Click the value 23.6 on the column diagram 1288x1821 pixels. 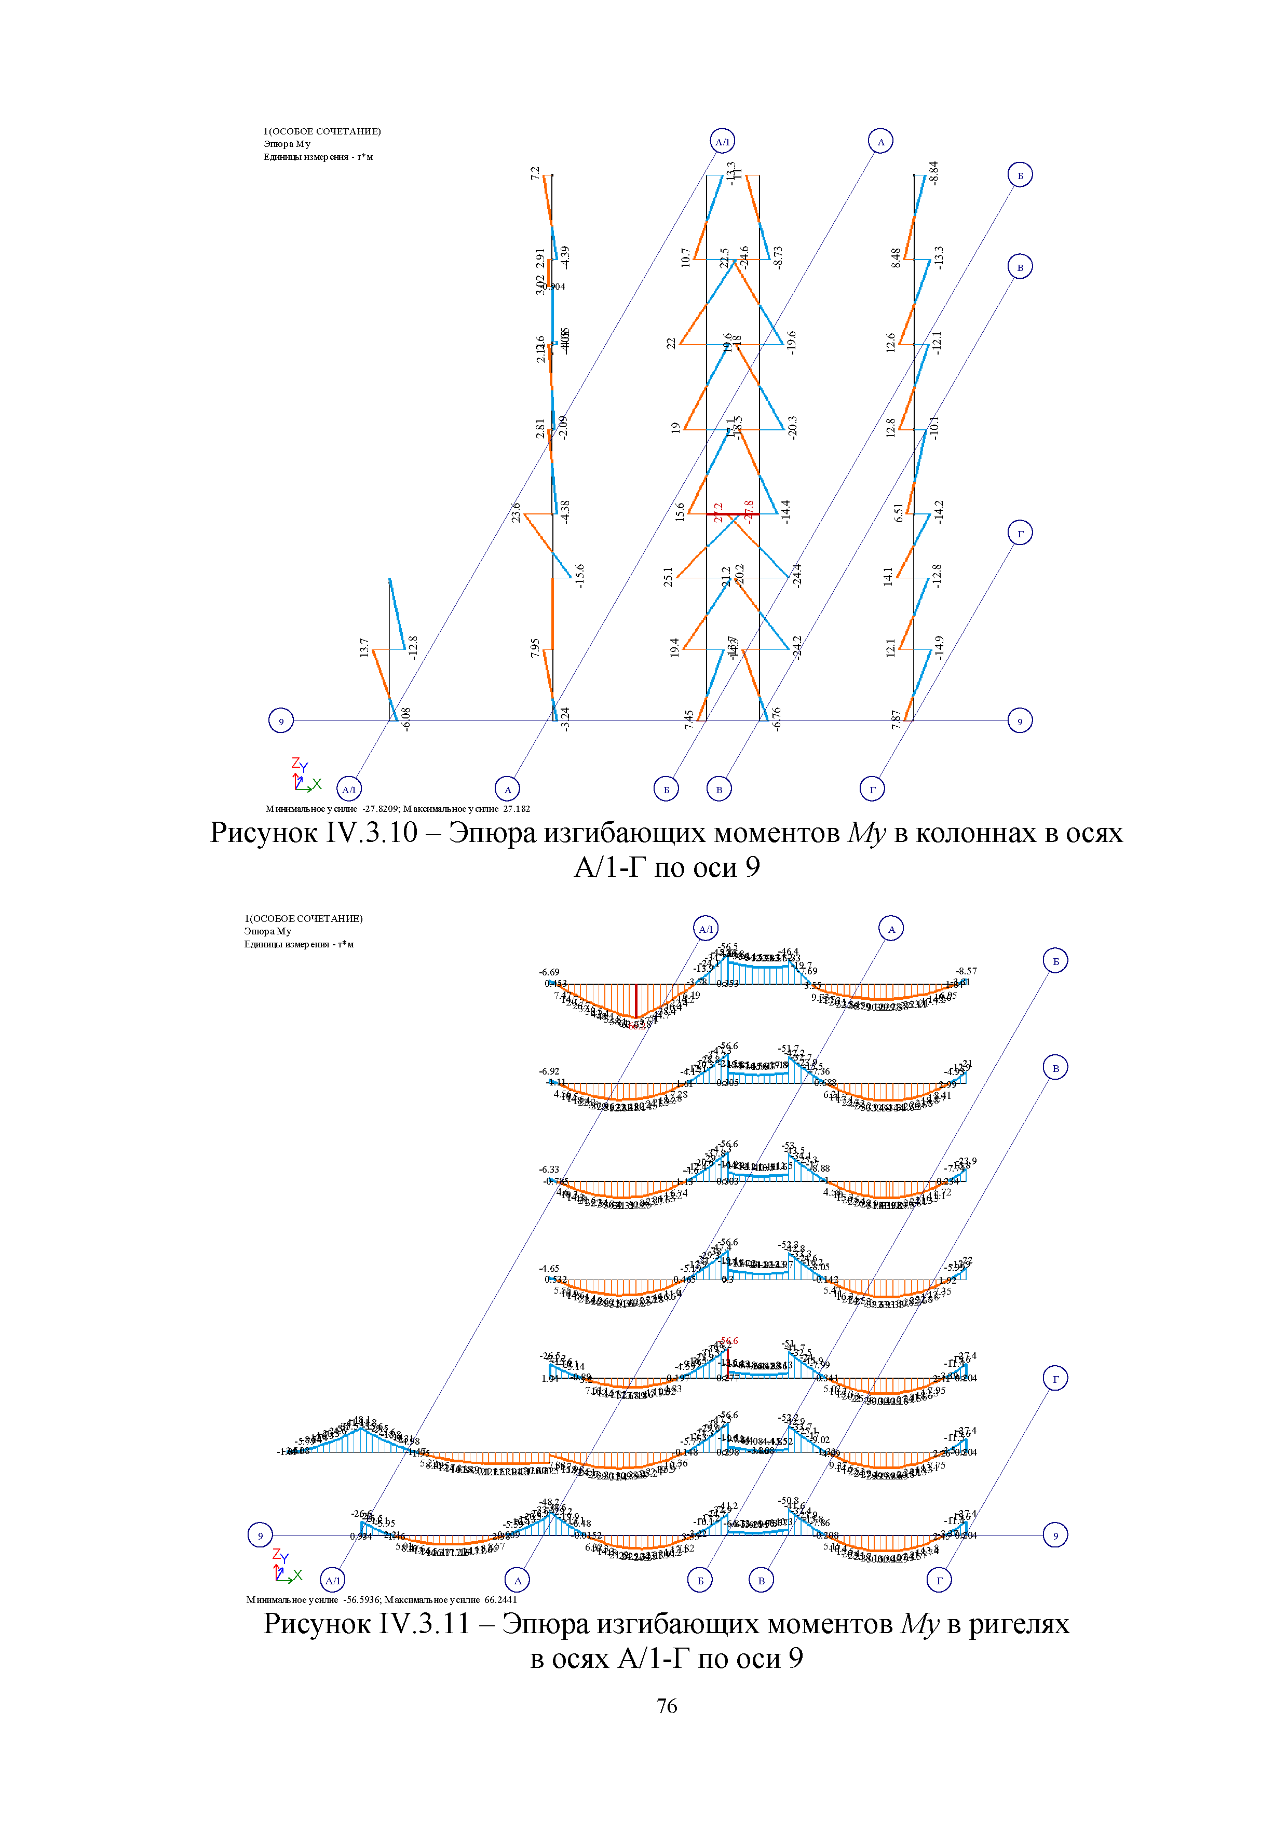(516, 512)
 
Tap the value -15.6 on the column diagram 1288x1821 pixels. (580, 575)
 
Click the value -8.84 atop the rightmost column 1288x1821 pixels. (933, 173)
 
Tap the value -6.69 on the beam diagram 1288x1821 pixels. (549, 972)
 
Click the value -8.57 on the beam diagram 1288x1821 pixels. (966, 971)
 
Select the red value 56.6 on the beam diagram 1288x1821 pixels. (729, 1341)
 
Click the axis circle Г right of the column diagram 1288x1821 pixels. (1020, 533)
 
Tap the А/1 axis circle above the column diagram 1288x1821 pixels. (722, 142)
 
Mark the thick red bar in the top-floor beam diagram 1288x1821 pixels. (635, 1000)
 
